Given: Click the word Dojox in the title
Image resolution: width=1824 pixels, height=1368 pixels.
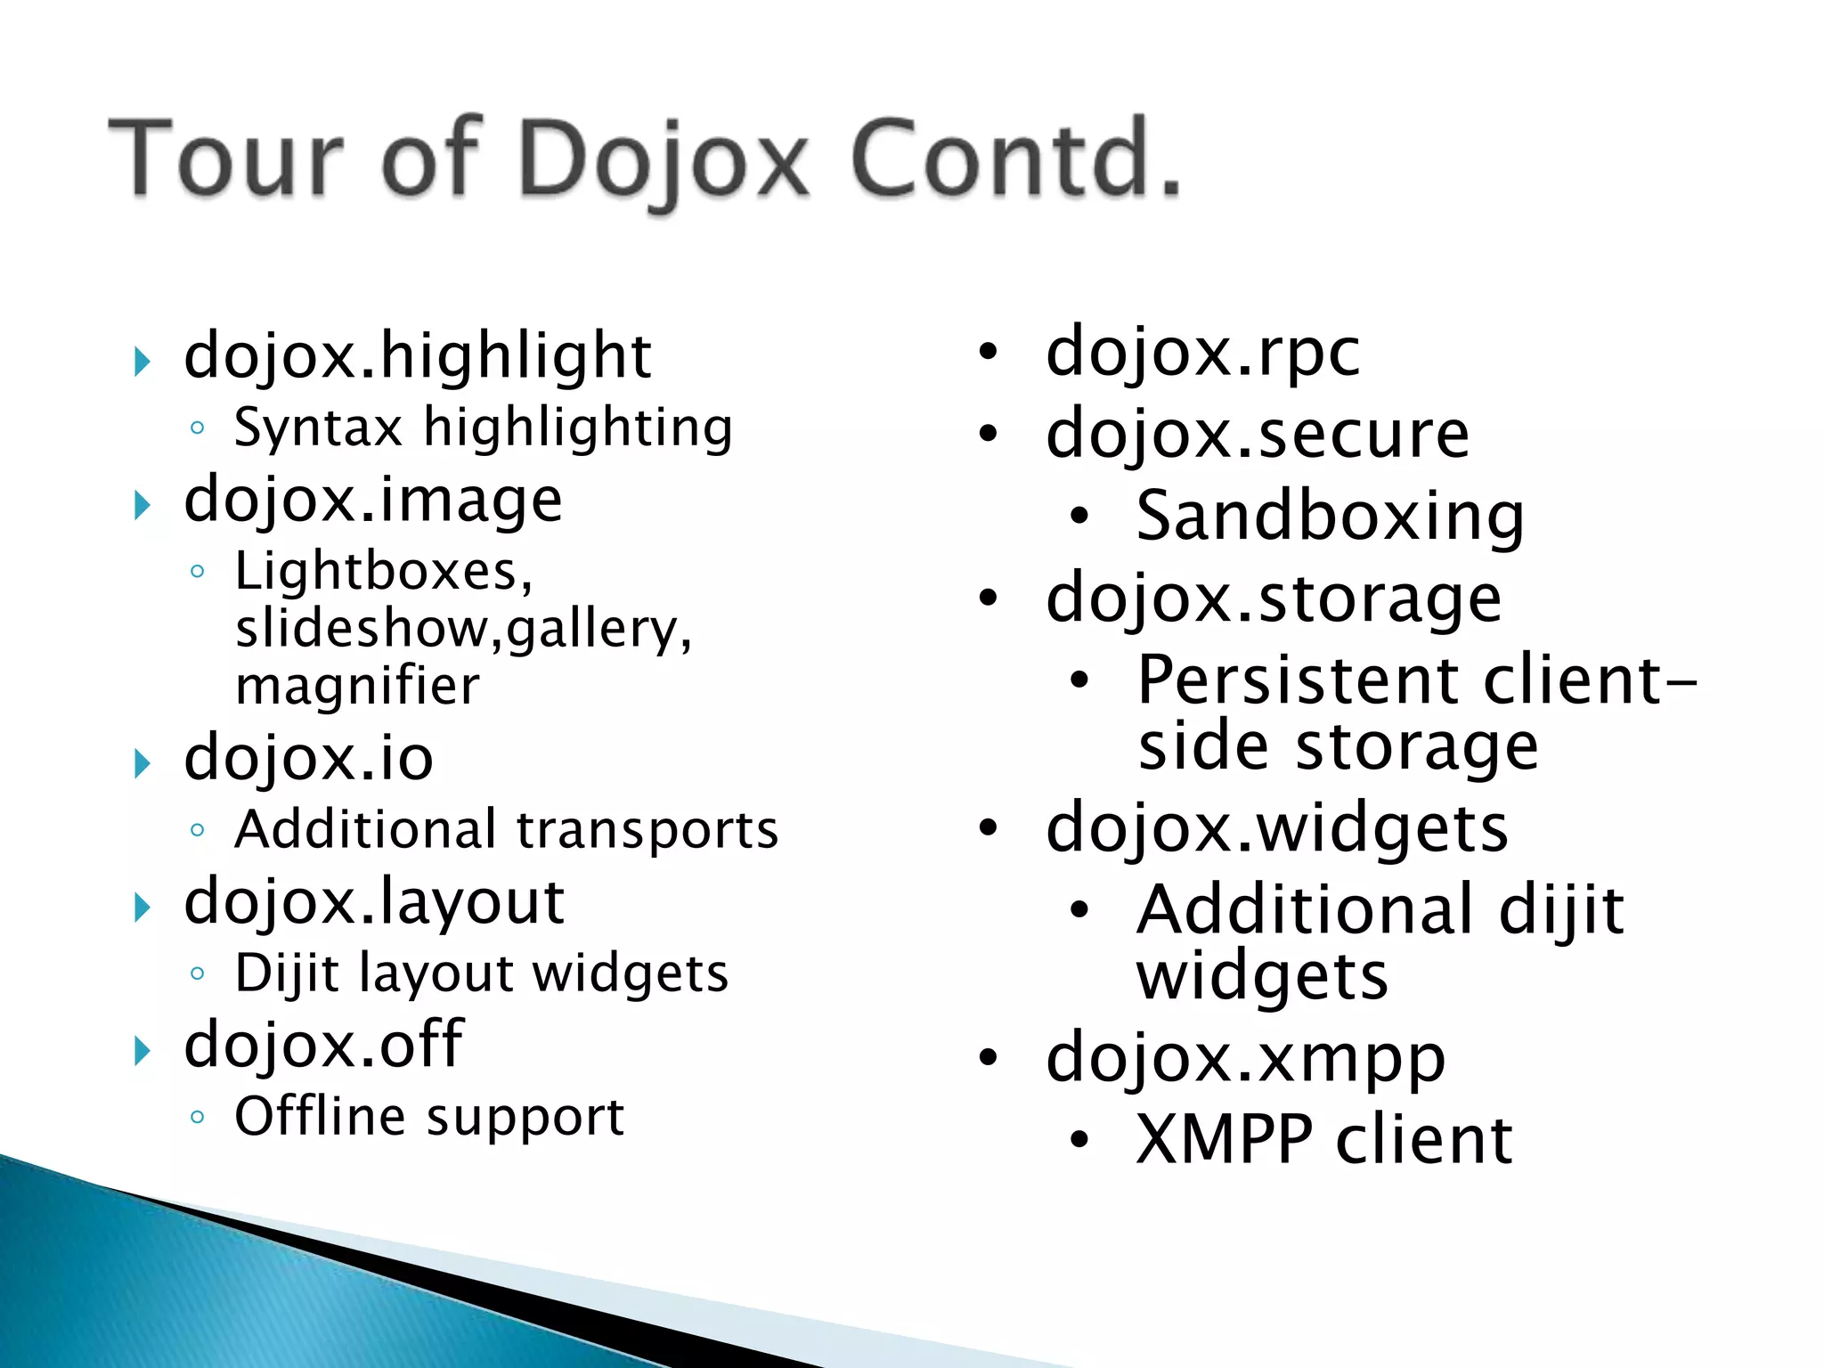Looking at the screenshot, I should click(664, 160).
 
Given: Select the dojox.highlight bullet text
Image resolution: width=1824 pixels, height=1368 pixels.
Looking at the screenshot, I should click(417, 356).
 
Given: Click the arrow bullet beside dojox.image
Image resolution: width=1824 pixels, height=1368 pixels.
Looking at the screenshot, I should click(141, 505).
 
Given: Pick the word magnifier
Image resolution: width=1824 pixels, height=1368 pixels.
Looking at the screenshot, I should click(357, 687).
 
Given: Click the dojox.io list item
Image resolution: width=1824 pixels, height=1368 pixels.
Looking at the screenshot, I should click(308, 759).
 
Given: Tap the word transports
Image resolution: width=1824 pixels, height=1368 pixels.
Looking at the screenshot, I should click(647, 830).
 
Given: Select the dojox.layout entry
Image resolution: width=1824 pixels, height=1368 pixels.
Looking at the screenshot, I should click(374, 902).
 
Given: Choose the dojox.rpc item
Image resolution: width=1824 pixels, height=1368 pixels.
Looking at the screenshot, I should click(1202, 353).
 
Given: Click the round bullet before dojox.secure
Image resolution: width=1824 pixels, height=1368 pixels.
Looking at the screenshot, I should click(988, 434).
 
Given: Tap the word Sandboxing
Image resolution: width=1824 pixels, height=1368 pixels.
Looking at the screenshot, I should click(1330, 517).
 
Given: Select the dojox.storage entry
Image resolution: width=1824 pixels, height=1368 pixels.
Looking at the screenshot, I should click(1274, 598).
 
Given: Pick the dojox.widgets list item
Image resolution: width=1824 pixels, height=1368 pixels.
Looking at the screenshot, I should click(1276, 828).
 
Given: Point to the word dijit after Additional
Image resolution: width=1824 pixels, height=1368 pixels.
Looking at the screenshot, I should click(1560, 910).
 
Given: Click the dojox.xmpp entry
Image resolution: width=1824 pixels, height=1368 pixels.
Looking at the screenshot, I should click(1245, 1058).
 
